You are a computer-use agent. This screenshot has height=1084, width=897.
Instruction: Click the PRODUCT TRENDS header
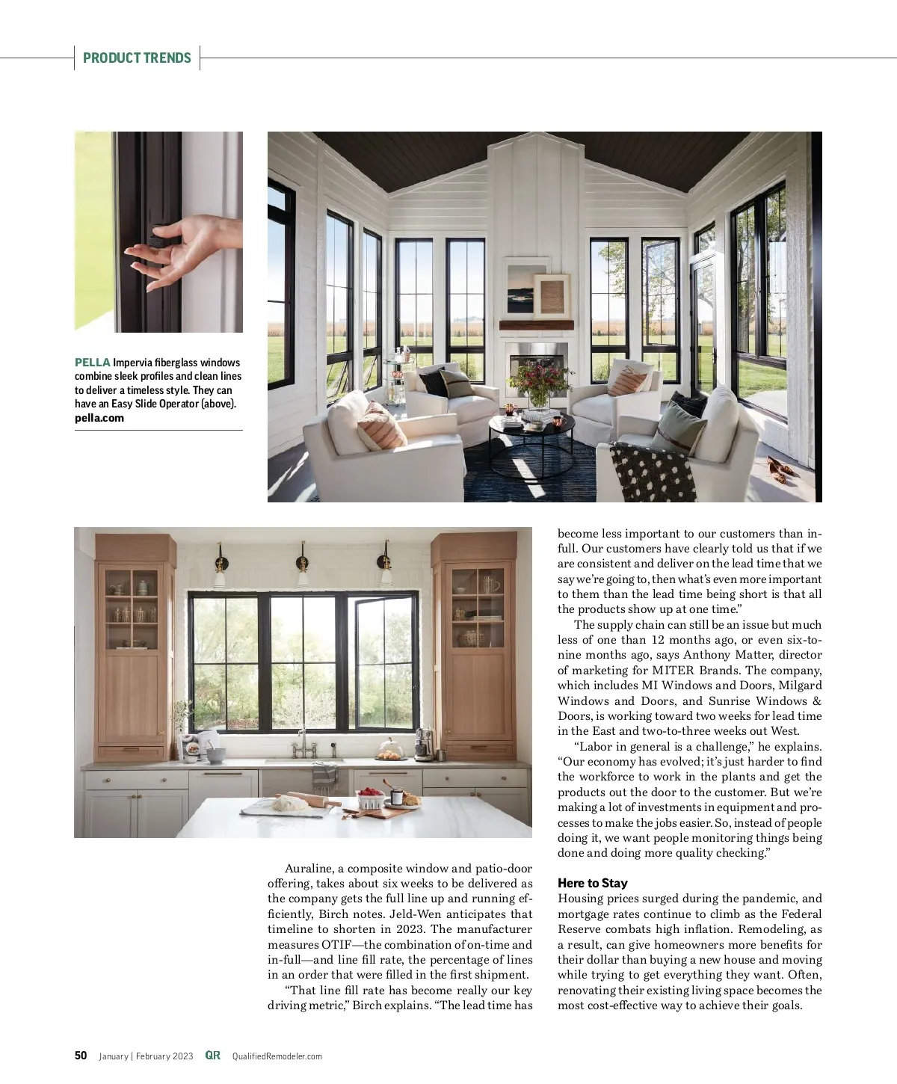point(137,58)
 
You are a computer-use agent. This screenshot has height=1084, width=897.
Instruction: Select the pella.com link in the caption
point(99,418)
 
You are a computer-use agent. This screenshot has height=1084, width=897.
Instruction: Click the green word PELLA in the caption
point(93,363)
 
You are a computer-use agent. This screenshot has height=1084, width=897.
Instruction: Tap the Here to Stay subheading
point(592,883)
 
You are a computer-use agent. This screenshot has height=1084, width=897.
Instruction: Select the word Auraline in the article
point(309,869)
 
